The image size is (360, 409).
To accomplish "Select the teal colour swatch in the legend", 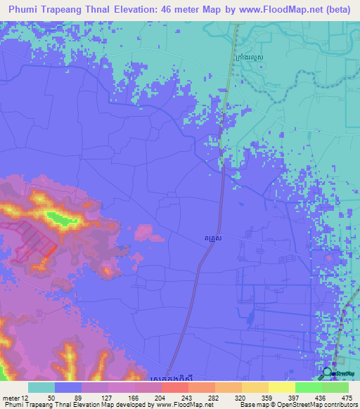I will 41,387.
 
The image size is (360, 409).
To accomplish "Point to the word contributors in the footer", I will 340,404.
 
